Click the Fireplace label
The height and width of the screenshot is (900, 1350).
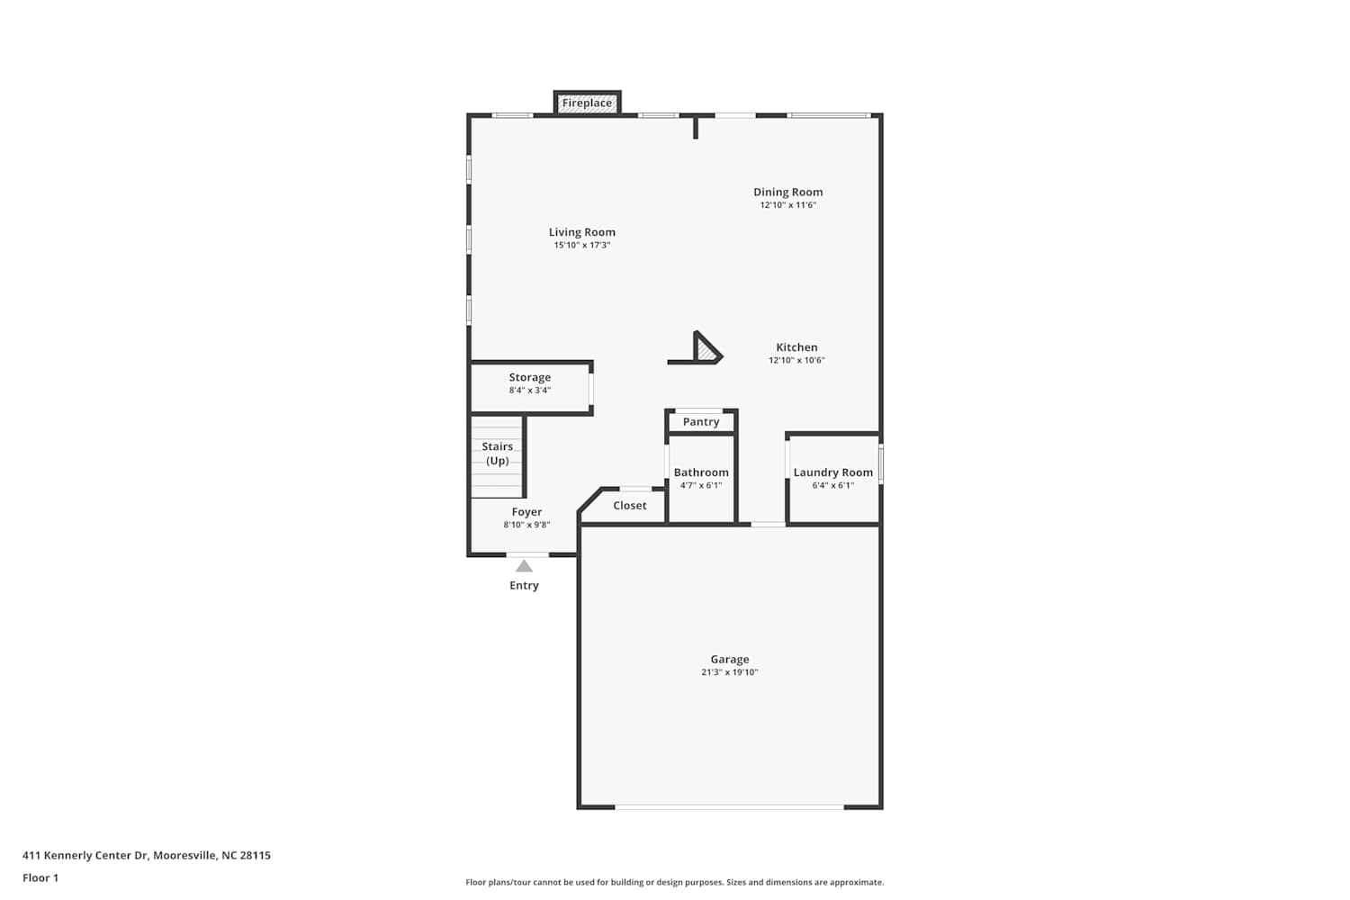[587, 103]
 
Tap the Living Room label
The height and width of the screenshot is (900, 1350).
[582, 232]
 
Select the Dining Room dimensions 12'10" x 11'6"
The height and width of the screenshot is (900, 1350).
[787, 205]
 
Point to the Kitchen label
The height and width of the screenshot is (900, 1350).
[796, 347]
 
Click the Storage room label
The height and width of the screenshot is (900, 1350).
[530, 377]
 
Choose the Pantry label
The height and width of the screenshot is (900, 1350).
[701, 422]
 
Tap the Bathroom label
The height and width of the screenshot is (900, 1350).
[701, 472]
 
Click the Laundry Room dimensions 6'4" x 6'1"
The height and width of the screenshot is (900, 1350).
[832, 485]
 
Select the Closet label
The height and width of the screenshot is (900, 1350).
[630, 506]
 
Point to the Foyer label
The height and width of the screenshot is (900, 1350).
[526, 512]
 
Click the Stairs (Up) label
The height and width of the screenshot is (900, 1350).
[497, 454]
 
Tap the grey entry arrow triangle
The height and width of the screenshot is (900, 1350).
[524, 566]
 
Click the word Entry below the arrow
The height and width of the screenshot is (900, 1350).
[524, 585]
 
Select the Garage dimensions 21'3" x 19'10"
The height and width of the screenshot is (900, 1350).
[729, 672]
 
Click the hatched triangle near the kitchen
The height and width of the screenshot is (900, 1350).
[705, 350]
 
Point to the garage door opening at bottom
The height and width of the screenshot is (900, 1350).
[729, 806]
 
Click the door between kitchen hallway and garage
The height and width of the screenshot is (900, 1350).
[768, 525]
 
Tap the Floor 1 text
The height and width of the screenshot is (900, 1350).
[40, 877]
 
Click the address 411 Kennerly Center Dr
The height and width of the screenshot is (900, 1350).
[85, 855]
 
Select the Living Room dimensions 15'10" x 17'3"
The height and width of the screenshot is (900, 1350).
[582, 246]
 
